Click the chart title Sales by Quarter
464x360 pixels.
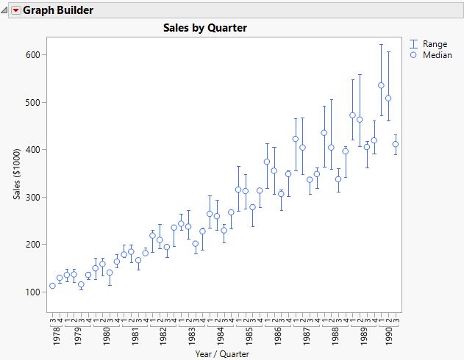point(204,28)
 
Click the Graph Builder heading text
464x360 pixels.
point(58,11)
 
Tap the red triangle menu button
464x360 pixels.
point(15,11)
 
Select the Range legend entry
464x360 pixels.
point(435,44)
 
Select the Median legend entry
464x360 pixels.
point(437,55)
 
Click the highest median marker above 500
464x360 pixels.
point(381,85)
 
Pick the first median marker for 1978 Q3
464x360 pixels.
point(52,286)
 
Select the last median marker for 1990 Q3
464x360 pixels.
point(396,144)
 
